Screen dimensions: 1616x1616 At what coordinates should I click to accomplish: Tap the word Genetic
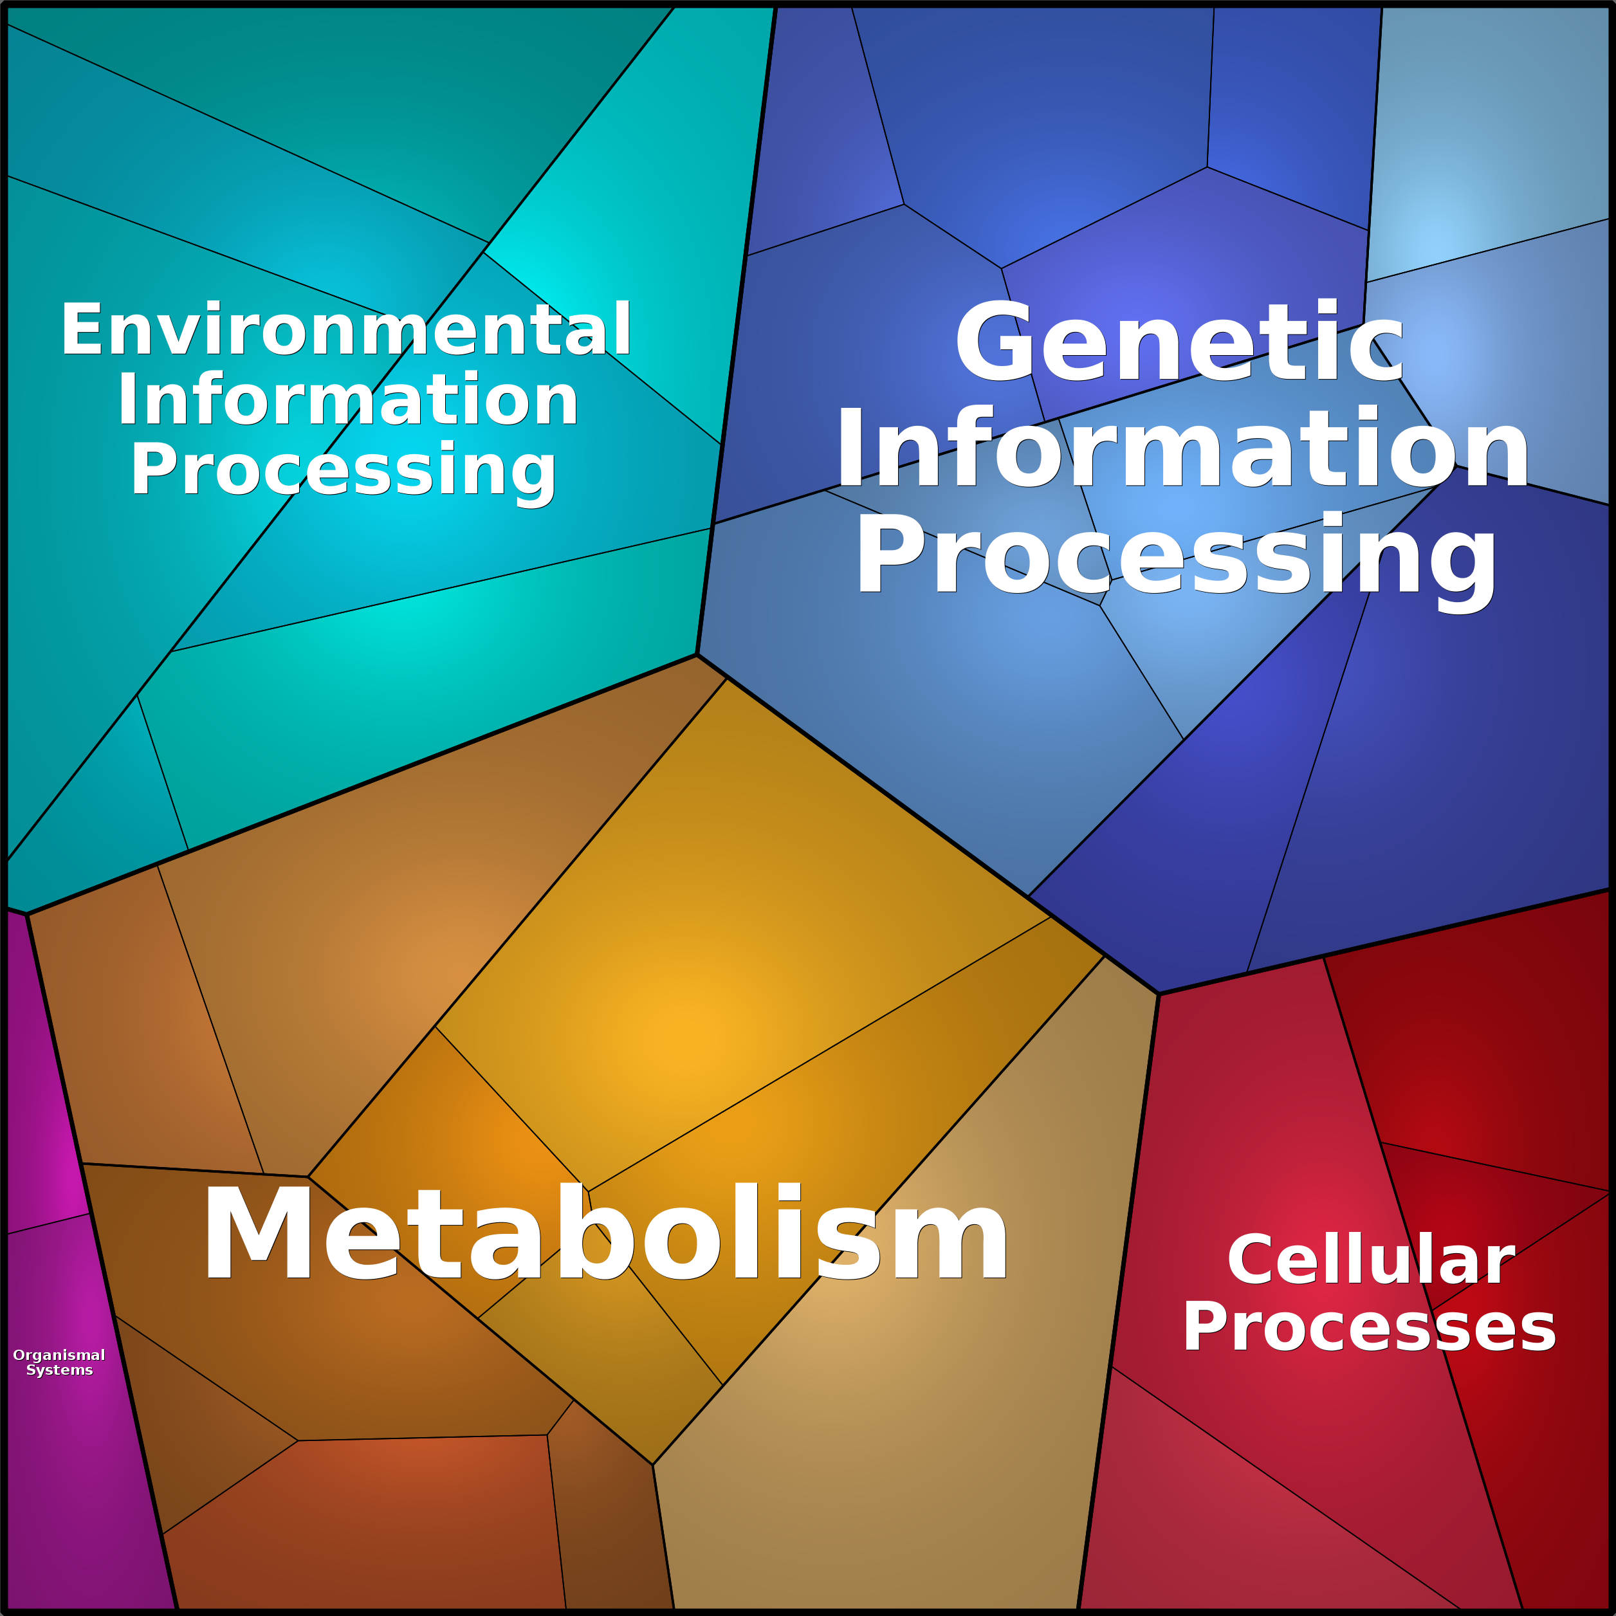tap(1179, 341)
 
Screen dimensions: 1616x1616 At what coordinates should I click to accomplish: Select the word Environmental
tap(345, 329)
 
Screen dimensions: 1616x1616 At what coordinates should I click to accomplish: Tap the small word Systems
tap(59, 1370)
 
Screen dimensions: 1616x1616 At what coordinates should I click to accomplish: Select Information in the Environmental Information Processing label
tap(347, 399)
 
